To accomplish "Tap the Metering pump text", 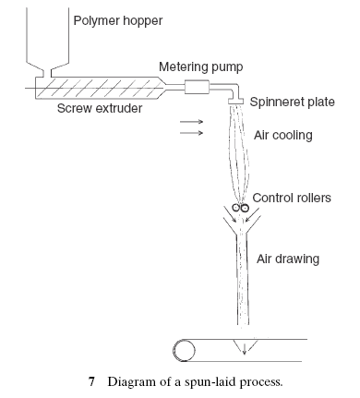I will (202, 67).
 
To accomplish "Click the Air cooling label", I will (283, 135).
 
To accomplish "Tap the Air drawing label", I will (289, 259).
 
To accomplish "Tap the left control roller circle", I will (237, 209).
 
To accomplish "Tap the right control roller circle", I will (246, 209).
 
